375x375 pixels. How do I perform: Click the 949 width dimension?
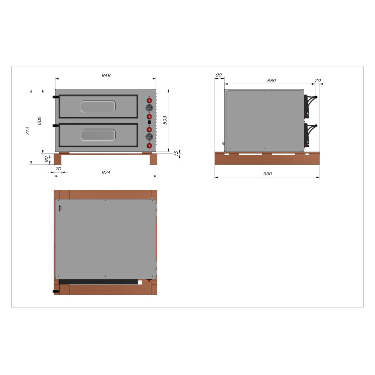[106, 75]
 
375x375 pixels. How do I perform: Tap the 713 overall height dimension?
[28, 131]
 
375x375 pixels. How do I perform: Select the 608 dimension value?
[39, 121]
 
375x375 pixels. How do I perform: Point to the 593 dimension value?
[165, 120]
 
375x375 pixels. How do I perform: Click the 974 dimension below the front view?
[106, 172]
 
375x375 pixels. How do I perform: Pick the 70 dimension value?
[58, 169]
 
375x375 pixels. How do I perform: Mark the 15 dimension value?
[176, 153]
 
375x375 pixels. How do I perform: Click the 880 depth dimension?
[271, 81]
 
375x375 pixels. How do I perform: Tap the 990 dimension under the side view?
[268, 174]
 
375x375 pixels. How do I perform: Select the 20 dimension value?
[318, 81]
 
